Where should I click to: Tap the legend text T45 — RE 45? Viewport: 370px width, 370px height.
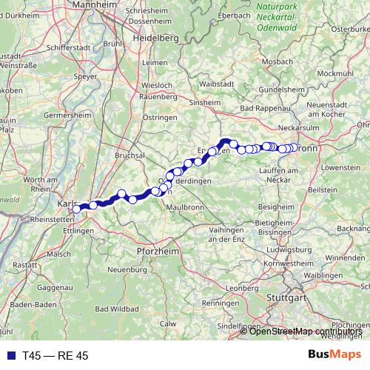55,356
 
